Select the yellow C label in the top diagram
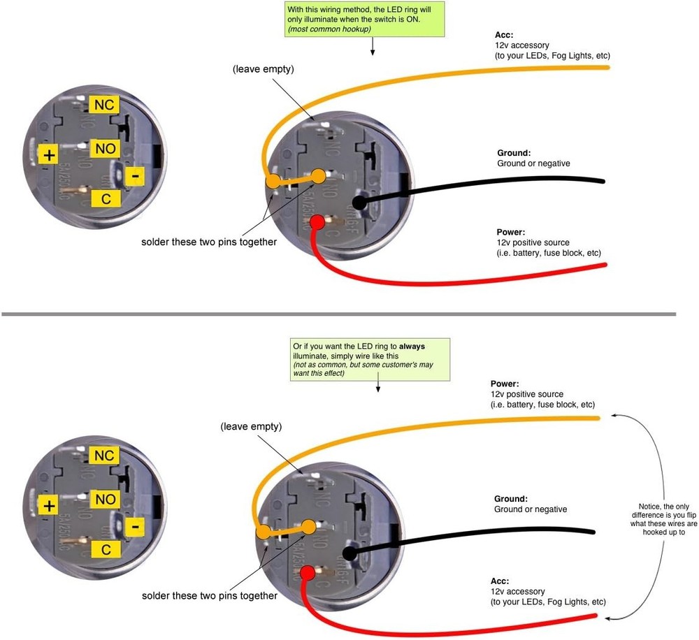pyautogui.click(x=106, y=199)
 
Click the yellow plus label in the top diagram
pyautogui.click(x=48, y=155)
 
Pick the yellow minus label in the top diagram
pyautogui.click(x=134, y=176)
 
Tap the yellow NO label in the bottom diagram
pyautogui.click(x=105, y=500)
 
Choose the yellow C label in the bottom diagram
pyautogui.click(x=106, y=550)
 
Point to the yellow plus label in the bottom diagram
pyautogui.click(x=48, y=507)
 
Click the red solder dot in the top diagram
pyautogui.click(x=316, y=223)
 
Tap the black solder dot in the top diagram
pyautogui.click(x=359, y=203)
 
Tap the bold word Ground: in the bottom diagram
pyautogui.click(x=510, y=499)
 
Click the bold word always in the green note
pyautogui.click(x=412, y=347)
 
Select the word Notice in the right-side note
pyautogui.click(x=652, y=507)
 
